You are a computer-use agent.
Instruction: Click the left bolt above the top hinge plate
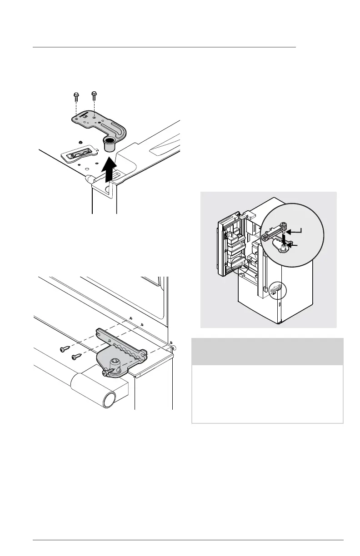(x=75, y=96)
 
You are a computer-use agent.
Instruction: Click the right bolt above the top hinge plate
(x=94, y=96)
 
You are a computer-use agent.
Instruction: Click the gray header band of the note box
(x=267, y=352)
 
